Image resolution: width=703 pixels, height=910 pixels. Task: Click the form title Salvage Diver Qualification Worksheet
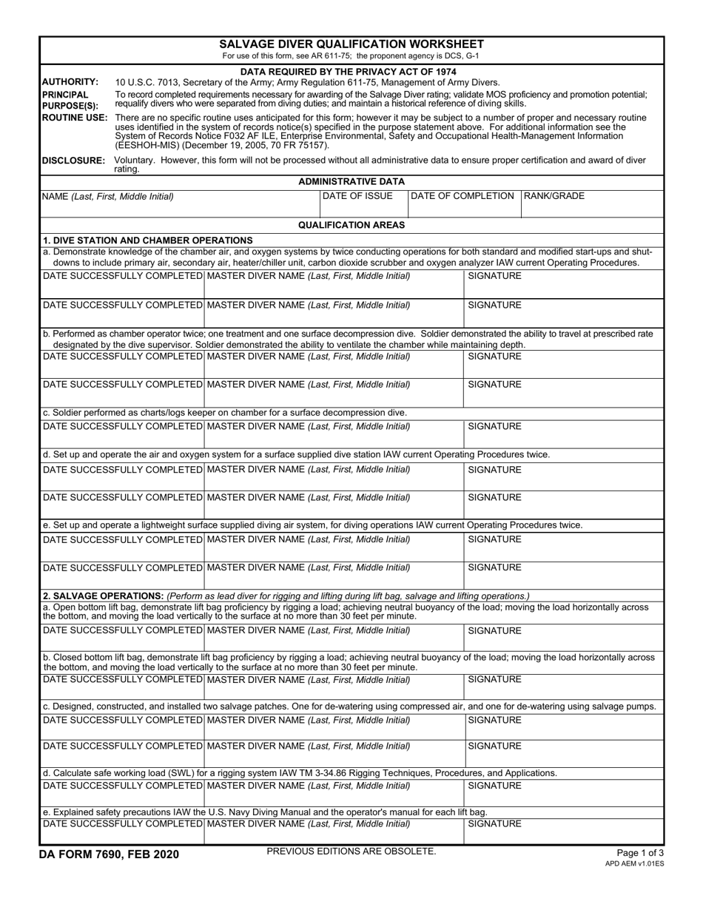coord(351,44)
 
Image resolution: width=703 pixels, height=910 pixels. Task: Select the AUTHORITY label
coord(70,82)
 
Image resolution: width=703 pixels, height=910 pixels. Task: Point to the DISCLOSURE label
coord(73,160)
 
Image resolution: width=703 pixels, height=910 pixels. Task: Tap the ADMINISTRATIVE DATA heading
coord(351,181)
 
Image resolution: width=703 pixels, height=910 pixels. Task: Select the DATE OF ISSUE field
coord(363,203)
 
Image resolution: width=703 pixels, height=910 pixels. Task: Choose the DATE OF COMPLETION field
coord(464,203)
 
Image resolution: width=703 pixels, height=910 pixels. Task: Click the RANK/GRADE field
coord(592,203)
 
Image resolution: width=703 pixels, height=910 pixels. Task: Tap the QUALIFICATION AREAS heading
coord(351,225)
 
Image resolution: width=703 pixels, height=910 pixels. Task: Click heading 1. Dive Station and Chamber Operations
coord(148,240)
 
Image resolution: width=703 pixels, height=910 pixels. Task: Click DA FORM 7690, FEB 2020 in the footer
coord(109,855)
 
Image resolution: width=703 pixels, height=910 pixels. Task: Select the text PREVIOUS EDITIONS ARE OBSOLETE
coord(351,852)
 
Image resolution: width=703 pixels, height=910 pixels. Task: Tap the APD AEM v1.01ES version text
coord(634,863)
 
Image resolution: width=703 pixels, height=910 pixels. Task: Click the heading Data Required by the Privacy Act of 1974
coord(351,71)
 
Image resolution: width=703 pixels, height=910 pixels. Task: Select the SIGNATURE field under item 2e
coord(563,830)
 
